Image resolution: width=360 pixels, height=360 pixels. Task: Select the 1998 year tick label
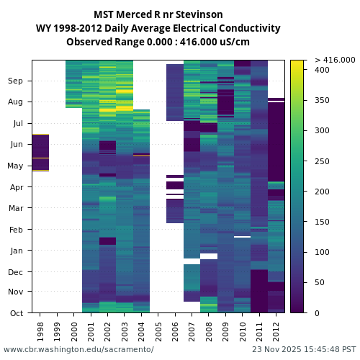point(40,330)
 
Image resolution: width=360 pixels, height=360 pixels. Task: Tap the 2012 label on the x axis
point(276,330)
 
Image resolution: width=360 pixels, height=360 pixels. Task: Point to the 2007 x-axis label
point(192,330)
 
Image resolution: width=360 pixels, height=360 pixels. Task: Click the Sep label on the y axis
point(16,81)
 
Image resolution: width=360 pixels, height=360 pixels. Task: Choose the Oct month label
point(16,312)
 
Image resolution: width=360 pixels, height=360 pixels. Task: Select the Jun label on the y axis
point(16,144)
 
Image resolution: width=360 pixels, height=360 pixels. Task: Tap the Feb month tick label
point(16,230)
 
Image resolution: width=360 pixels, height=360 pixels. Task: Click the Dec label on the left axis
point(16,271)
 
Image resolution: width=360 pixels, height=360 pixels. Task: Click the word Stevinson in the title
point(199,14)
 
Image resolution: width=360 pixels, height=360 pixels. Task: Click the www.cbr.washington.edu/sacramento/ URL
point(78,349)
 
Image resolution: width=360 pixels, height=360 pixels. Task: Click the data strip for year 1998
point(40,153)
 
